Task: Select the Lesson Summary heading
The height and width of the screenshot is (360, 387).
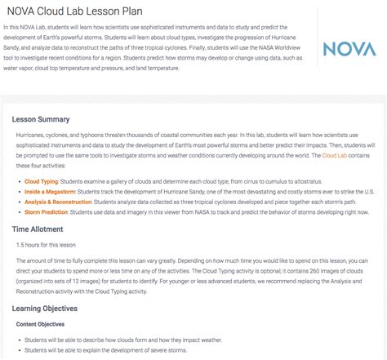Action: point(45,118)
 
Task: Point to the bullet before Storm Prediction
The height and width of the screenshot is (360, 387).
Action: point(20,211)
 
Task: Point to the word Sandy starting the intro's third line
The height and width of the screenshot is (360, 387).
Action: point(14,50)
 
